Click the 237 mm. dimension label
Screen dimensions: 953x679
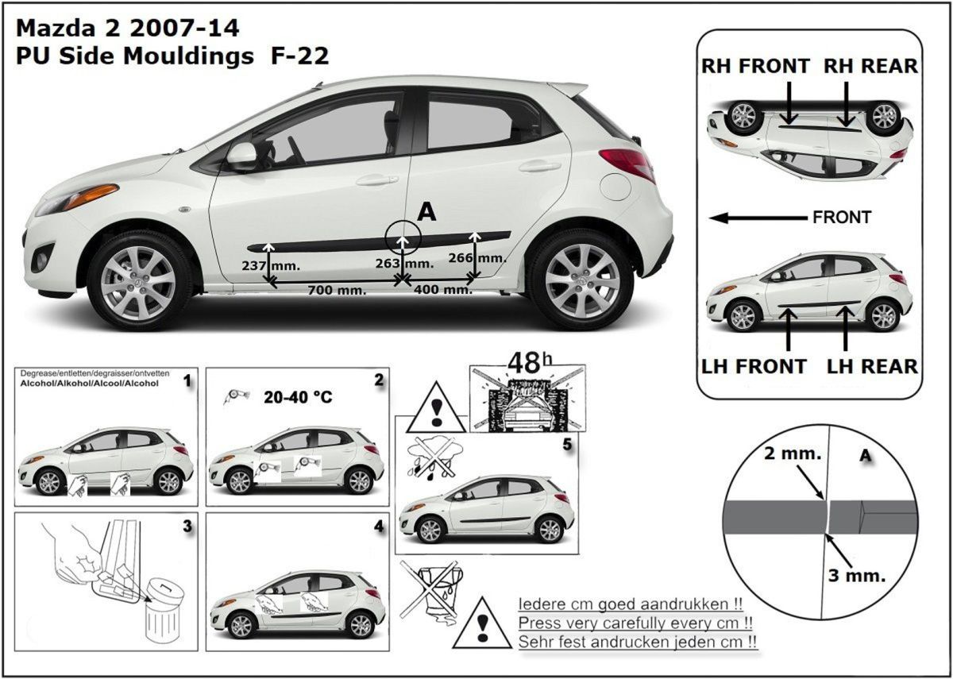(x=271, y=266)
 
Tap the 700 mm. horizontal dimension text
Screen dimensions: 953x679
(x=337, y=291)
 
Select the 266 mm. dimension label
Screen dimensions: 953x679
(x=477, y=258)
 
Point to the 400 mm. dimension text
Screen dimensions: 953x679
(x=443, y=290)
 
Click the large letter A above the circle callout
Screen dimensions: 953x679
(x=426, y=212)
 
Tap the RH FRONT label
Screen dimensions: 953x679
(x=755, y=67)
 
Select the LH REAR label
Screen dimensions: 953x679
(x=872, y=367)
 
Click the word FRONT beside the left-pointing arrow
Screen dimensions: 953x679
(x=842, y=218)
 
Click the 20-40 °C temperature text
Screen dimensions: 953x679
(x=298, y=397)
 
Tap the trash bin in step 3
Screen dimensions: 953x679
(x=164, y=611)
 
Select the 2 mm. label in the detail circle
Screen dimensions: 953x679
(x=793, y=453)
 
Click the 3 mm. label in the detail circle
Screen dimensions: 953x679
(x=856, y=576)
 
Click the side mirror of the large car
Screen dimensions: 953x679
(x=241, y=156)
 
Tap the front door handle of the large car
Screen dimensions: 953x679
(x=376, y=180)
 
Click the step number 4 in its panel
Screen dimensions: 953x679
(x=379, y=527)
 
